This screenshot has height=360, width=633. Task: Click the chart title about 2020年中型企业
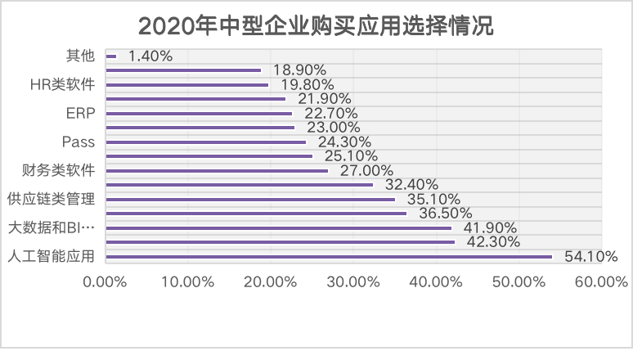point(316,25)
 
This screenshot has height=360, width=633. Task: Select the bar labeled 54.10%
point(329,257)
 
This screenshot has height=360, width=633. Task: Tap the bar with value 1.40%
point(111,56)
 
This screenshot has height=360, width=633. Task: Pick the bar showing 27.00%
point(217,171)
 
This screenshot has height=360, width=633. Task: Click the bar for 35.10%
point(250,200)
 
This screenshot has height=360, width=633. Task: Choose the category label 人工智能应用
point(50,256)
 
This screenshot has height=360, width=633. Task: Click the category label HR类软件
point(61,83)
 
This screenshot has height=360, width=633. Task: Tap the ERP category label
point(79,112)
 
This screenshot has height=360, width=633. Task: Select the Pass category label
point(79,142)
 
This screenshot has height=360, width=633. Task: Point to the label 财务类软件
point(58,170)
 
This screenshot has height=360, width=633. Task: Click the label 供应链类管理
point(50,199)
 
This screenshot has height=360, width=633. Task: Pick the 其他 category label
point(80,56)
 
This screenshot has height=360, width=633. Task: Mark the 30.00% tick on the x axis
point(353,281)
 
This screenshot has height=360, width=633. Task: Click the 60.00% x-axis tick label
point(601,281)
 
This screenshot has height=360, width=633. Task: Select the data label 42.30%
point(489,242)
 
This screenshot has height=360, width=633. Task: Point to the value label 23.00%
point(329,128)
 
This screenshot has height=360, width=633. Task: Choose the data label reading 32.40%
point(407,185)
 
